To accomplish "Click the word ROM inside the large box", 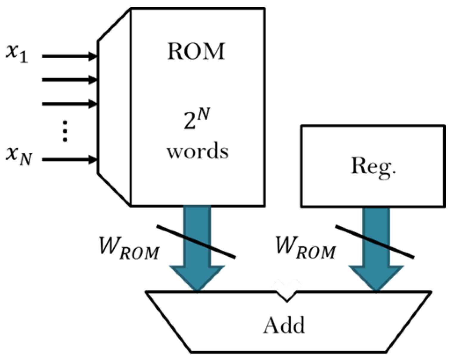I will (x=196, y=52).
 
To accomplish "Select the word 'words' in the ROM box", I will (x=197, y=151).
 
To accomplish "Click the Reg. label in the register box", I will (x=374, y=166).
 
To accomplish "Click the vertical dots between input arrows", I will (x=65, y=131).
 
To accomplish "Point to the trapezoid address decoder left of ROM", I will (x=114, y=107).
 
